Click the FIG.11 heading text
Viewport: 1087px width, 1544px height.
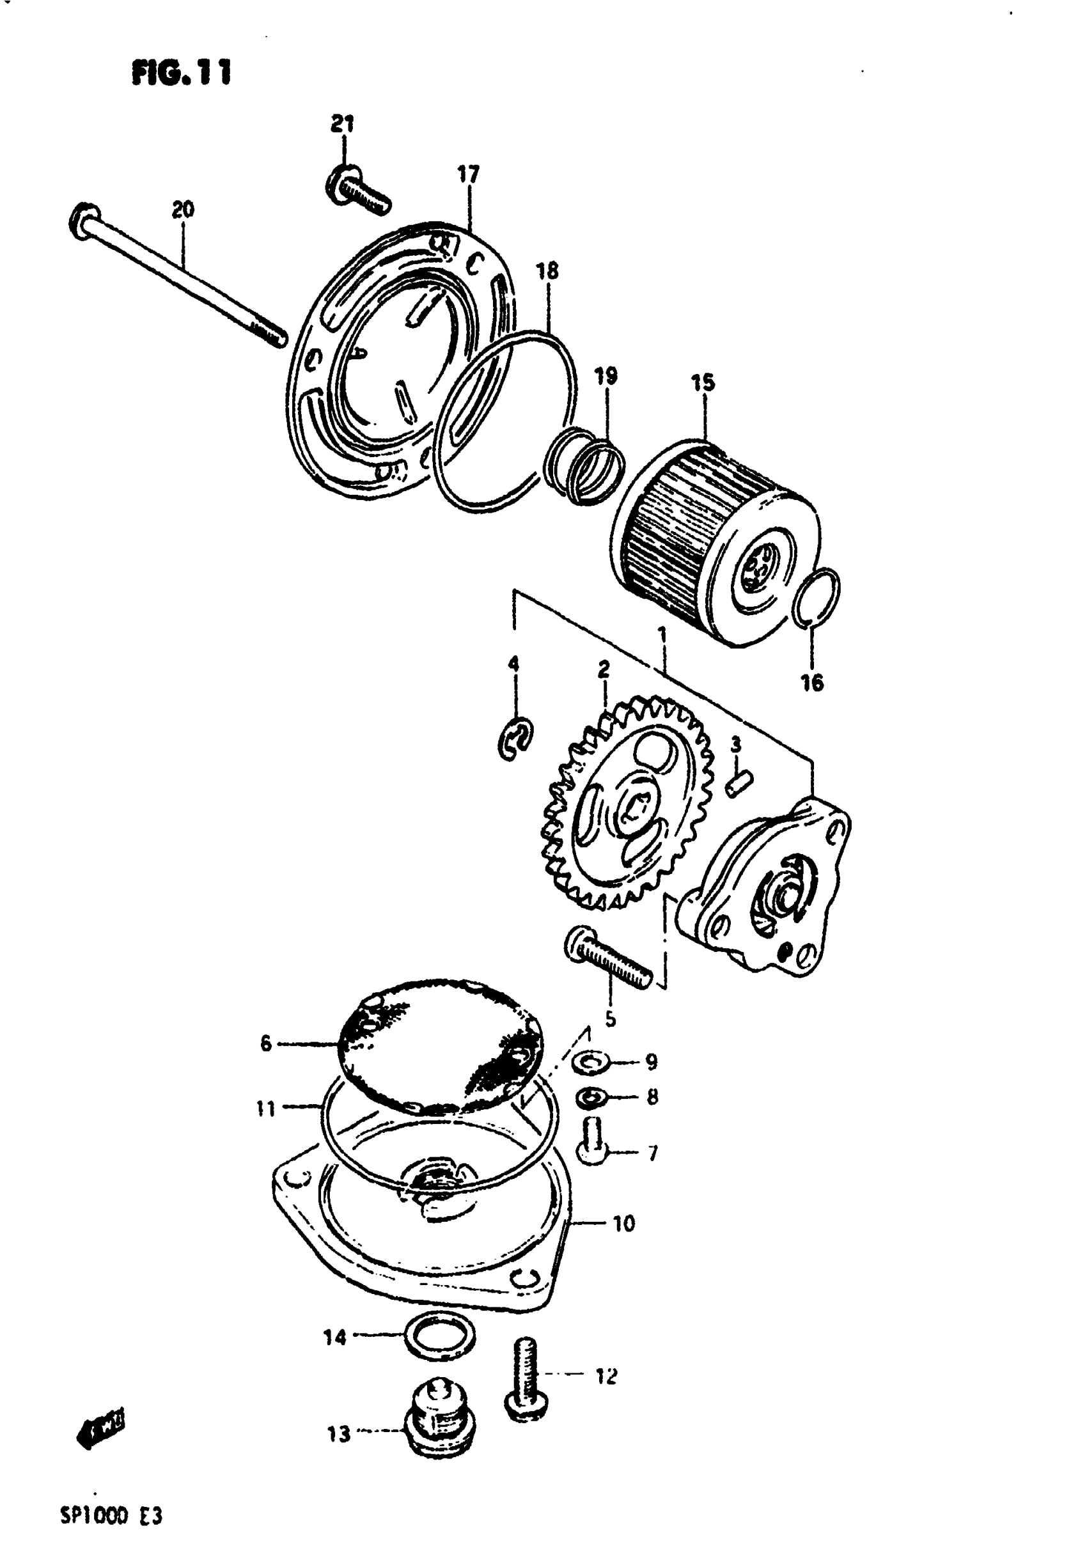tap(182, 73)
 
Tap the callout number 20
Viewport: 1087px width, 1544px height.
tap(183, 210)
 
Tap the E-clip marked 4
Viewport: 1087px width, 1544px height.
tap(516, 740)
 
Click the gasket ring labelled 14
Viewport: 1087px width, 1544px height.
tap(440, 1334)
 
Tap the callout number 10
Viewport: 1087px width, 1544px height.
tap(623, 1223)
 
